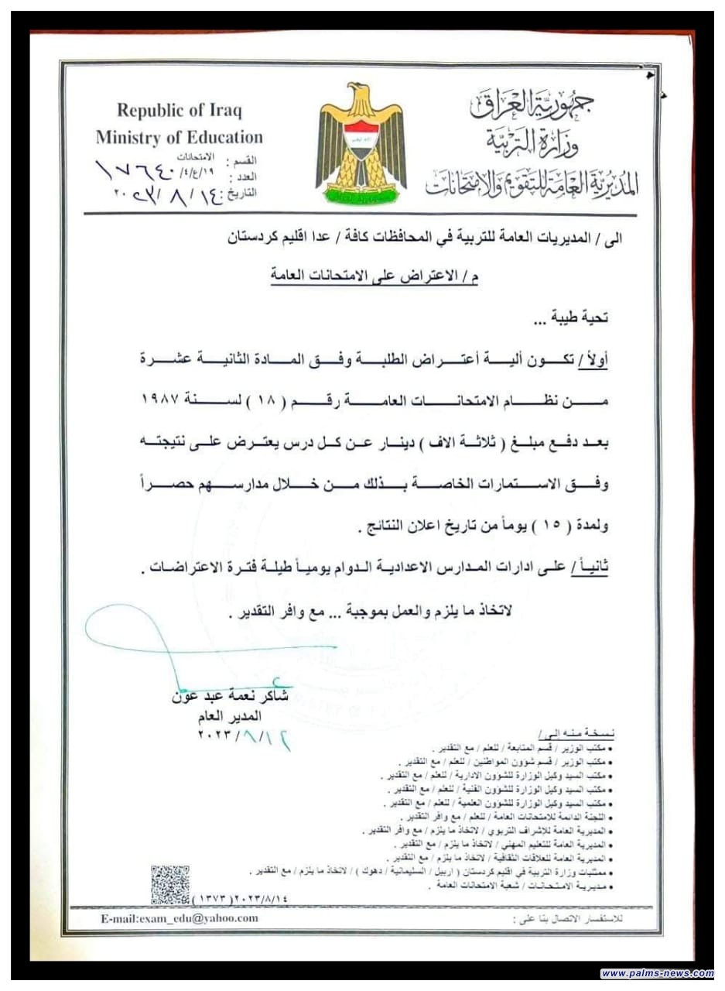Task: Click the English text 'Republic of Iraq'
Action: click(x=180, y=111)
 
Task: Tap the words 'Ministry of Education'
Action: click(x=180, y=138)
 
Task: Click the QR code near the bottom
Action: click(x=169, y=885)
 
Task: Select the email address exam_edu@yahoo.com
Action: click(x=179, y=918)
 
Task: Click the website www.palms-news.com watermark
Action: click(x=657, y=973)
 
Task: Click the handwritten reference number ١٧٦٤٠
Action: click(x=144, y=169)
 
